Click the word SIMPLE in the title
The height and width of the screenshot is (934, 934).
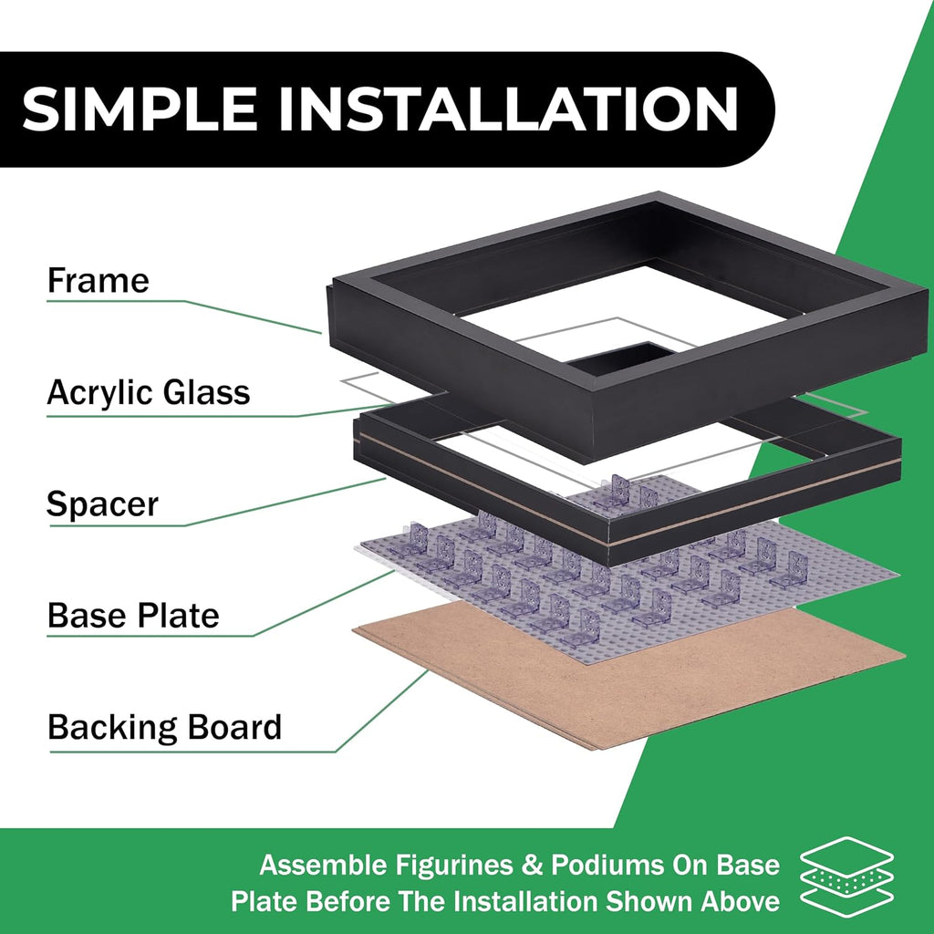[140, 109]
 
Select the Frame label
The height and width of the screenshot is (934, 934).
[99, 281]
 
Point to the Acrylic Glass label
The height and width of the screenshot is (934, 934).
[149, 393]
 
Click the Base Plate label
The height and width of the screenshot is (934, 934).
[133, 616]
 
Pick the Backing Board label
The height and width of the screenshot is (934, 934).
[164, 728]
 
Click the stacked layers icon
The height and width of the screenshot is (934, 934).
[846, 876]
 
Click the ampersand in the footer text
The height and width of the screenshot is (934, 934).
[532, 866]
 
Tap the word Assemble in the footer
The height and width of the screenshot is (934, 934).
[324, 865]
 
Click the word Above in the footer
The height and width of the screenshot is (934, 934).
[741, 901]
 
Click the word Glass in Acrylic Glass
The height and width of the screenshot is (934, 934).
[207, 393]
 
